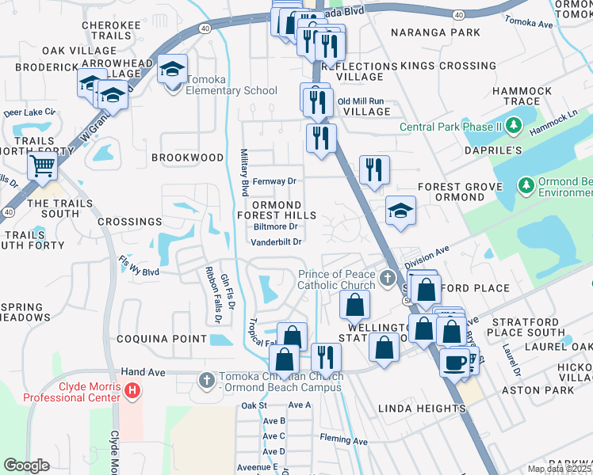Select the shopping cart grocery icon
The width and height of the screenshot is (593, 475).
42,166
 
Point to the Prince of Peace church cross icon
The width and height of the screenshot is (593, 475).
387,278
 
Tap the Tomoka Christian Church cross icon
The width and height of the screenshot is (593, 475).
206,380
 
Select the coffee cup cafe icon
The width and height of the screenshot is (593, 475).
455,362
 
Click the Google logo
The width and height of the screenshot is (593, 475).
26,465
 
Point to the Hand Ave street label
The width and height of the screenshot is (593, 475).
136,371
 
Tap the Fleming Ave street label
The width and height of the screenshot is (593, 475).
343,440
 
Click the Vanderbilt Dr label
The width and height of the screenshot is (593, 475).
277,242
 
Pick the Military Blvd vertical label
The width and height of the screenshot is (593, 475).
245,173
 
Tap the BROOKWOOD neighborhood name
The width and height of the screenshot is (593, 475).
187,158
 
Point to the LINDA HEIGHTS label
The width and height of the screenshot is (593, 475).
421,408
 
